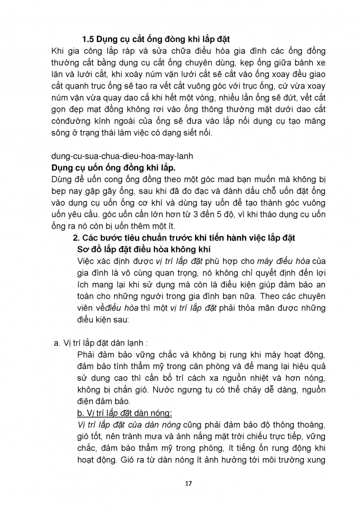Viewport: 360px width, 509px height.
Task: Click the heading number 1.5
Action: click(90, 40)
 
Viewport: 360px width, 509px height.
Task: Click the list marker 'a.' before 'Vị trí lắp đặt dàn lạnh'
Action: click(58, 344)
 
